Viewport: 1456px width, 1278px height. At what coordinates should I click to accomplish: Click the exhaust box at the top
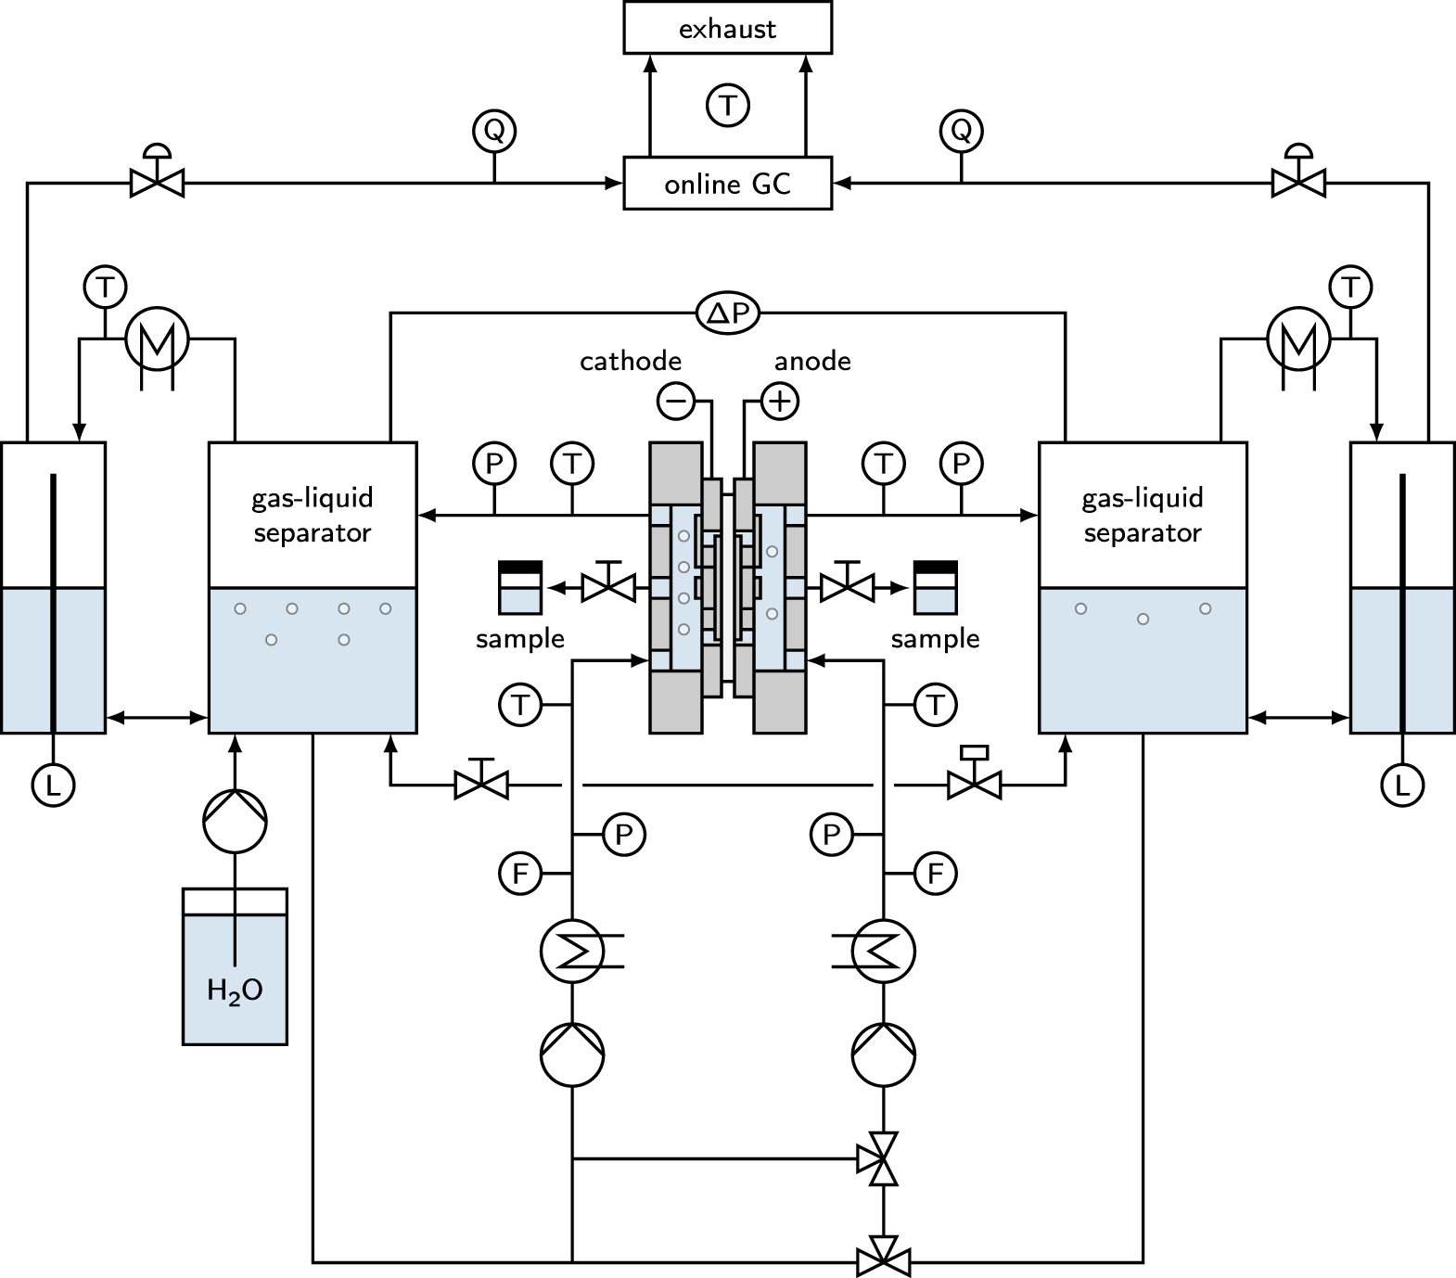(727, 29)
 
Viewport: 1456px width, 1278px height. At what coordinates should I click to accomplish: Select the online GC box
(727, 184)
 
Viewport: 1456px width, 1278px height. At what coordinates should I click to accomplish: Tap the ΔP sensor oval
(728, 314)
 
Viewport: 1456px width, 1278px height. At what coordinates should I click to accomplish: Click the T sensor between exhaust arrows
(728, 105)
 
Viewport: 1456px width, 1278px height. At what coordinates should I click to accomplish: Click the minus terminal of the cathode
(675, 401)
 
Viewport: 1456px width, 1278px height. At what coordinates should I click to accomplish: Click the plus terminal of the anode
(780, 401)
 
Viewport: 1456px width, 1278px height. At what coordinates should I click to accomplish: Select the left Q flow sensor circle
(494, 130)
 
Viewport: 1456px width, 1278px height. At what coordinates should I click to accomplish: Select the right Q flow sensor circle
(961, 130)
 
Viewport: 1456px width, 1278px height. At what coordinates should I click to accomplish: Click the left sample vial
(520, 587)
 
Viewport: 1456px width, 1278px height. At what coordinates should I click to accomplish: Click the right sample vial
(935, 587)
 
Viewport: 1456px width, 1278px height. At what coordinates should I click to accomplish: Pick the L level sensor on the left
(53, 786)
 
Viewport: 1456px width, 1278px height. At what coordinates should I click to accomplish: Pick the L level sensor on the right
(1402, 786)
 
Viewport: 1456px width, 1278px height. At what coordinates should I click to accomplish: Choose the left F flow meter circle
(520, 874)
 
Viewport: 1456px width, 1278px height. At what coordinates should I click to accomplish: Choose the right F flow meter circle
(935, 874)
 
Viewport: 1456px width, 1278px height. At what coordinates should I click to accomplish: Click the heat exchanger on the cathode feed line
(572, 952)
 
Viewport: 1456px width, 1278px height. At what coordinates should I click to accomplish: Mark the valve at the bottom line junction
(884, 1261)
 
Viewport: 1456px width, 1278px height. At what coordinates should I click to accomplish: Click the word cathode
(631, 361)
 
